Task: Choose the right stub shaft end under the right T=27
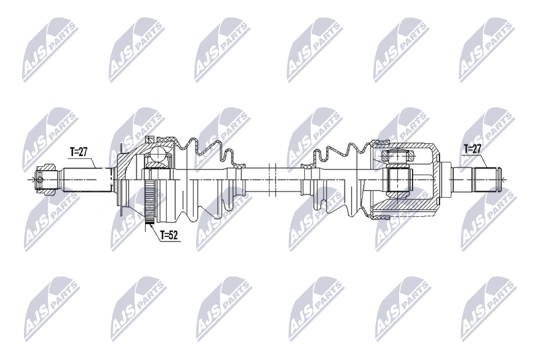click(x=486, y=179)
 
